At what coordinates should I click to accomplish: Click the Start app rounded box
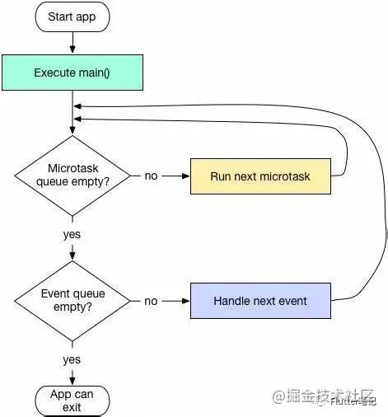pyautogui.click(x=72, y=16)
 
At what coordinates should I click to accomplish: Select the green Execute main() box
pyautogui.click(x=72, y=73)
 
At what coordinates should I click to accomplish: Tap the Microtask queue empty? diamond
pyautogui.click(x=72, y=176)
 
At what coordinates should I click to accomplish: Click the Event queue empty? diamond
pyautogui.click(x=72, y=301)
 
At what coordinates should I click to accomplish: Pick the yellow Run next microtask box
pyautogui.click(x=260, y=176)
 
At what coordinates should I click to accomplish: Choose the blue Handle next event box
pyautogui.click(x=260, y=301)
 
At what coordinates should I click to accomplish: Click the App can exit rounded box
pyautogui.click(x=72, y=401)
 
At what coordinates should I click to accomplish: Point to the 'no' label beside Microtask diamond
pyautogui.click(x=151, y=176)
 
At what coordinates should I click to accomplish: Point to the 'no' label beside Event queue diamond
pyautogui.click(x=151, y=301)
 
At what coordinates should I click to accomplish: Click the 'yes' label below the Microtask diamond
pyautogui.click(x=72, y=234)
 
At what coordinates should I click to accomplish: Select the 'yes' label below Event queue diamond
pyautogui.click(x=72, y=359)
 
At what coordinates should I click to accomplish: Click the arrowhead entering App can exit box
pyautogui.click(x=72, y=381)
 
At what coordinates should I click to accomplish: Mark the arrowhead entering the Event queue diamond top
pyautogui.click(x=72, y=257)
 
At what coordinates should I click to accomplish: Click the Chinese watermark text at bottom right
pyautogui.click(x=330, y=396)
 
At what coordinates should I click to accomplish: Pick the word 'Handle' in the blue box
pyautogui.click(x=231, y=301)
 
